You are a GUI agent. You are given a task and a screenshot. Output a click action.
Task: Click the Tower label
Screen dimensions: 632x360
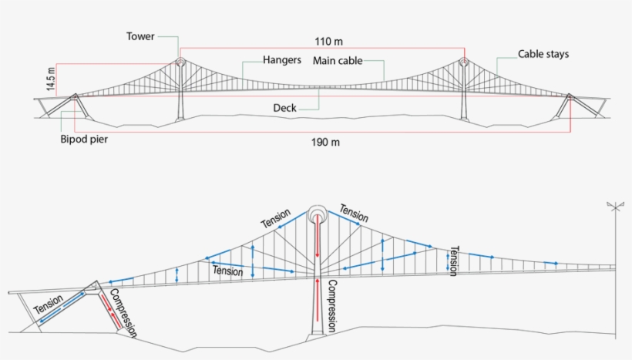(x=140, y=36)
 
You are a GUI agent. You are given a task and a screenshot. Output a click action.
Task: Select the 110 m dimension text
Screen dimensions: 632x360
(x=328, y=42)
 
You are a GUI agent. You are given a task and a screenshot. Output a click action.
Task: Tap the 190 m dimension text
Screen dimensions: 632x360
(x=325, y=143)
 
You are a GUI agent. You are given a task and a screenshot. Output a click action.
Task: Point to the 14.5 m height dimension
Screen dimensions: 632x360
(x=50, y=79)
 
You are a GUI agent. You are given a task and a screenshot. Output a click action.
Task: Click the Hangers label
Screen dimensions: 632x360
(x=282, y=60)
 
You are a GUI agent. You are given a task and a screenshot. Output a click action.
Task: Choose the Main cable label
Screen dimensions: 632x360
(x=338, y=61)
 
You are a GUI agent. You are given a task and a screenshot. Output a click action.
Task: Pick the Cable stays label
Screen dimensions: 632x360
(x=543, y=54)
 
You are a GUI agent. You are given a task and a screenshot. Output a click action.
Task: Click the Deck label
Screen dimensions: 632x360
(x=284, y=108)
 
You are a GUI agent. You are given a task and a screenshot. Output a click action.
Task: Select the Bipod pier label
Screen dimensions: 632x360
(x=84, y=139)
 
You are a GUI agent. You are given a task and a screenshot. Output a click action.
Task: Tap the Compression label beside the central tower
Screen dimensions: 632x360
(x=331, y=306)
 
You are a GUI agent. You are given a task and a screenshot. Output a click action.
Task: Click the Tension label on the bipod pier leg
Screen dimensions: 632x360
(x=49, y=304)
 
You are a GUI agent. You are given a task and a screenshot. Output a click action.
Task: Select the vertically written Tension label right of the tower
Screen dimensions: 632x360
(x=454, y=261)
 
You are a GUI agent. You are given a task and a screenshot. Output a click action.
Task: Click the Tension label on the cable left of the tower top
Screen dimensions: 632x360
(x=276, y=218)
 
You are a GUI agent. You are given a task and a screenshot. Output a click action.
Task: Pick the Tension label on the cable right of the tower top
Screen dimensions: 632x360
(x=354, y=214)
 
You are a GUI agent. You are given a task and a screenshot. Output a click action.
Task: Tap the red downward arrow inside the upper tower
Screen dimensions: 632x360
(x=318, y=236)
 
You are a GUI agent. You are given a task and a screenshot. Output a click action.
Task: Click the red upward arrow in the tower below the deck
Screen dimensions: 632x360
(x=318, y=300)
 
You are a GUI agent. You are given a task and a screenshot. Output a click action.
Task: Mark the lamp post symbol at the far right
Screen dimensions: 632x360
(x=616, y=270)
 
